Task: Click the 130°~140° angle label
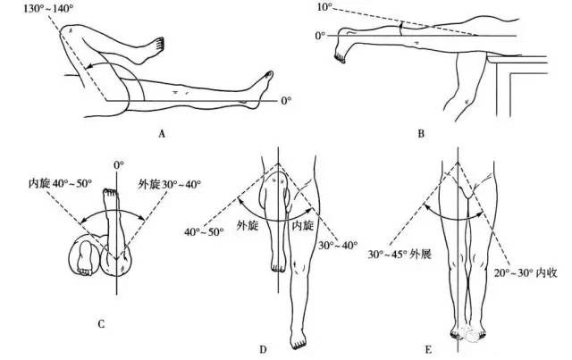pos(48,8)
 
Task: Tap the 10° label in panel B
pos(325,6)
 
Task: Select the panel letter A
pos(162,134)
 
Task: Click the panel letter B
pos(421,134)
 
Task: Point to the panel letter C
pos(101,324)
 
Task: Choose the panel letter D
pos(263,350)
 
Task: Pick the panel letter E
pos(428,350)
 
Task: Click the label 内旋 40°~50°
pos(60,183)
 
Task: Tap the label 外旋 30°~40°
pos(169,183)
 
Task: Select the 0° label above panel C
pos(119,165)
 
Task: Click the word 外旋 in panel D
pos(248,225)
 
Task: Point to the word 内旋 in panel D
pos(303,225)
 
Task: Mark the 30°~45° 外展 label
pos(400,255)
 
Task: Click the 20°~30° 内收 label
pos(526,272)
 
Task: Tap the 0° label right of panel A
pos(286,100)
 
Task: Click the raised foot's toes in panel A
pos(159,44)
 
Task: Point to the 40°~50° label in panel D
pos(204,231)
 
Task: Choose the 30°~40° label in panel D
pos(338,245)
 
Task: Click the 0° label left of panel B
pos(320,36)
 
